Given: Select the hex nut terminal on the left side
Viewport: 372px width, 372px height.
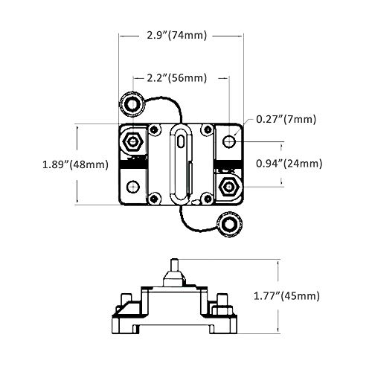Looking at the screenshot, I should coord(133,141).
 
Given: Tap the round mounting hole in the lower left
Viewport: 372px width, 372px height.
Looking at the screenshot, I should coord(133,186).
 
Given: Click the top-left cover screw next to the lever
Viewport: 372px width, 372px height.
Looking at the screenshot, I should coord(155,129).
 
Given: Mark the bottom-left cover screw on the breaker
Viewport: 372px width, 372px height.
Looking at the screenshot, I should coord(155,198).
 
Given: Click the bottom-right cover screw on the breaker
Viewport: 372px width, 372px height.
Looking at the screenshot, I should coord(205,198).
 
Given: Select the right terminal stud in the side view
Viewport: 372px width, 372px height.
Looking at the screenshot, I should coord(221,305).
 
